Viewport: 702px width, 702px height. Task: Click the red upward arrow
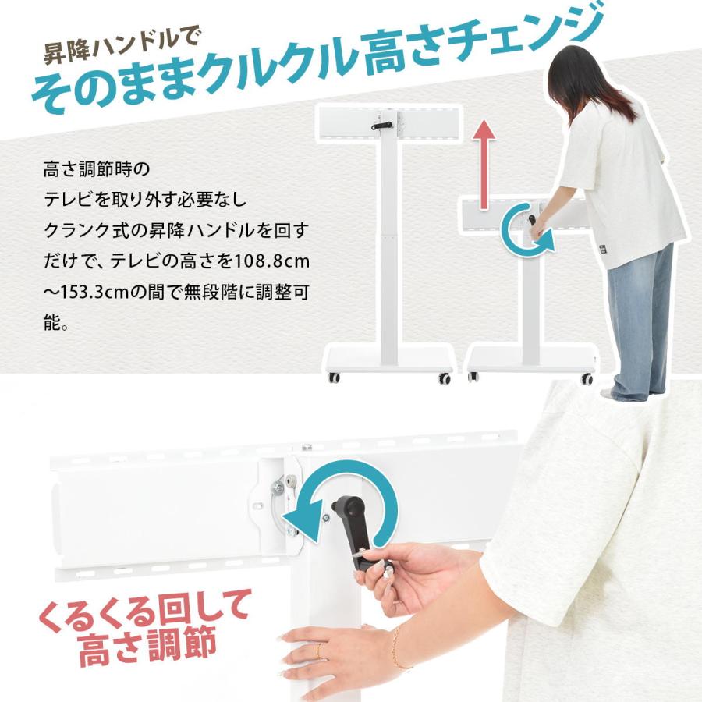[486, 163]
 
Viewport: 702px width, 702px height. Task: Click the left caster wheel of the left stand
[334, 378]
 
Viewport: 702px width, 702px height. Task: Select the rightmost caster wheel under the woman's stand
[586, 379]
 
